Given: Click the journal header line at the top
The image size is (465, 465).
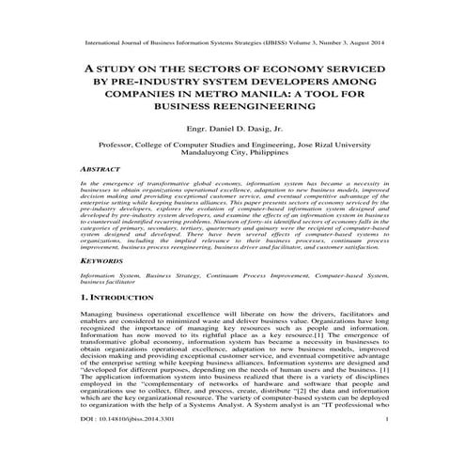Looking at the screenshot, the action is tap(232, 42).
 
